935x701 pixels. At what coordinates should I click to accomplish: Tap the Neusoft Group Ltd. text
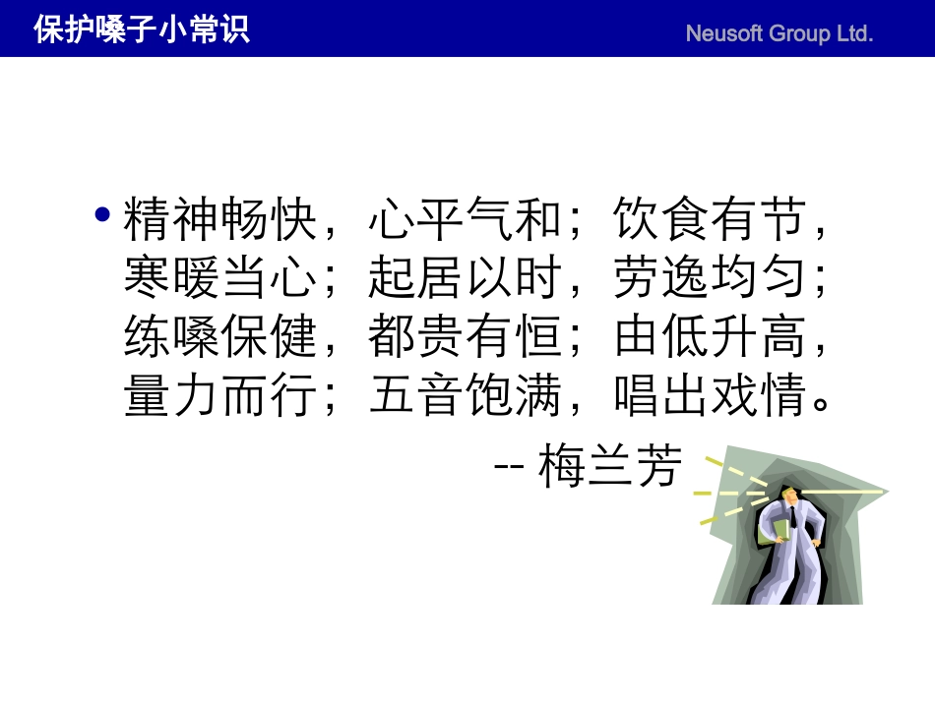[x=779, y=33]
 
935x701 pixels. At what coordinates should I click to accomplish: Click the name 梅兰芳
[x=610, y=467]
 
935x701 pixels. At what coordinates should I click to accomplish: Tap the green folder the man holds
[x=780, y=531]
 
